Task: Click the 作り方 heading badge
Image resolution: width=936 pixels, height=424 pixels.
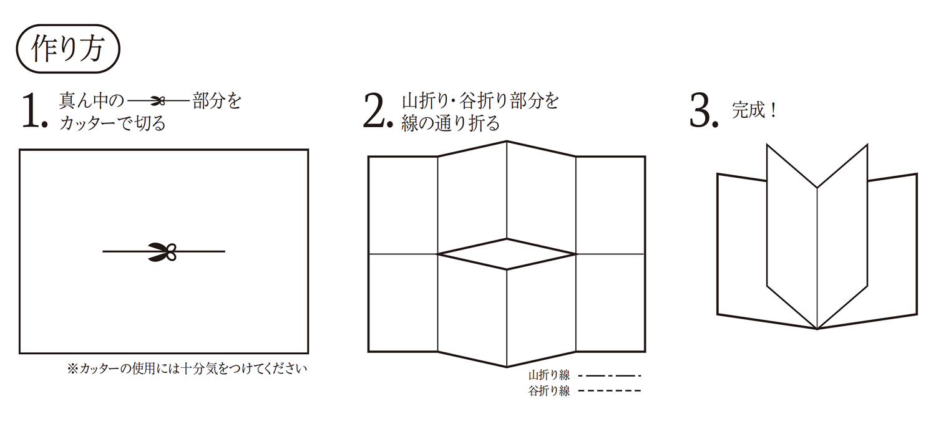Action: (x=68, y=49)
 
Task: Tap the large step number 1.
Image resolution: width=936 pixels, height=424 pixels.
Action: (x=34, y=110)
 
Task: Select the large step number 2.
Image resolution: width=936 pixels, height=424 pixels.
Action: (x=378, y=110)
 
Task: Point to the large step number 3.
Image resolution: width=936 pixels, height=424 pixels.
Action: (x=704, y=110)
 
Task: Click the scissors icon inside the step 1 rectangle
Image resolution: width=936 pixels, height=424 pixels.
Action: (x=162, y=251)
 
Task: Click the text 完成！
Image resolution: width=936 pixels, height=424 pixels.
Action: (x=754, y=110)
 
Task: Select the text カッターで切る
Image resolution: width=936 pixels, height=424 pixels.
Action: (x=113, y=123)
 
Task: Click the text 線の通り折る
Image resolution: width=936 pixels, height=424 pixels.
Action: (x=451, y=123)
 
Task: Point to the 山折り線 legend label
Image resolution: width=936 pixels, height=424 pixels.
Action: (x=549, y=375)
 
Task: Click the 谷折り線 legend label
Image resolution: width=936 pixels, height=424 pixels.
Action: (x=549, y=391)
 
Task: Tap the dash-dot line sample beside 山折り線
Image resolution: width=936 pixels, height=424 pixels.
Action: (x=609, y=376)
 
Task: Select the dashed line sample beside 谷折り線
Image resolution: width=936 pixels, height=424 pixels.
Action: (x=609, y=391)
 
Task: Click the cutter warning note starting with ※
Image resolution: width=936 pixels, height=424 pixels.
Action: (x=187, y=369)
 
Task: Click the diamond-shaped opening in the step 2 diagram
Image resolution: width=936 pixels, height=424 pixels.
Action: (x=507, y=254)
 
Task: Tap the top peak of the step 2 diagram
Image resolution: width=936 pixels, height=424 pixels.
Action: (x=507, y=141)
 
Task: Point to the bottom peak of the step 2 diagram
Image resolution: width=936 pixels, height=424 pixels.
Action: (x=507, y=367)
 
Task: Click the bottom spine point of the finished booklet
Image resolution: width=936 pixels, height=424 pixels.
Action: (x=817, y=329)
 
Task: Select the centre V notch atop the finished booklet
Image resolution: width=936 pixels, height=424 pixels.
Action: (x=817, y=188)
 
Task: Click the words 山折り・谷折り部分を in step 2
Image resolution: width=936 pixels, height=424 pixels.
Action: (x=480, y=100)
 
